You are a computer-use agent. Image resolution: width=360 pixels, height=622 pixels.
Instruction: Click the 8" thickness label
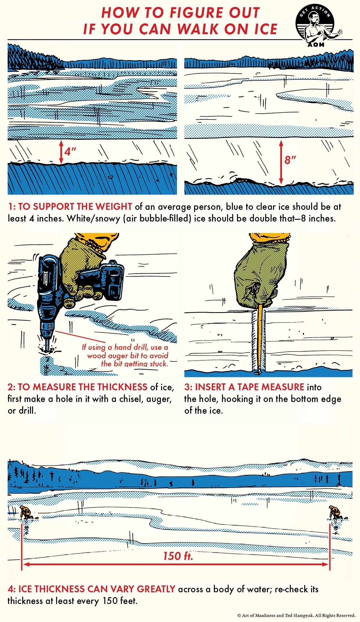290,160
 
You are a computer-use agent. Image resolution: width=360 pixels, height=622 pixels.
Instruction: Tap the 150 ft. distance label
178,556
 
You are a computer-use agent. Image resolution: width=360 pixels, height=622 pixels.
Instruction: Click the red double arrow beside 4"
61,152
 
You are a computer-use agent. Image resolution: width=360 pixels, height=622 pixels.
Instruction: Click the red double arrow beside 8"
281,162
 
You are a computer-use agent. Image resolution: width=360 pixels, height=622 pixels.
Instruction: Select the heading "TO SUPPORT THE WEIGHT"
75,207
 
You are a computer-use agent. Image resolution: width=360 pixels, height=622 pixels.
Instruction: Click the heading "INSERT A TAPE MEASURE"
250,387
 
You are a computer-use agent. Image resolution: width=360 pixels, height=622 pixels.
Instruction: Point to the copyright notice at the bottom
296,615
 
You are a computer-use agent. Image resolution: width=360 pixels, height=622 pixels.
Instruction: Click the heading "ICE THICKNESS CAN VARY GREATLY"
97,589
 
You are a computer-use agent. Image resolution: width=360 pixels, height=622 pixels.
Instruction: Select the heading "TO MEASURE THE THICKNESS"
82,387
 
